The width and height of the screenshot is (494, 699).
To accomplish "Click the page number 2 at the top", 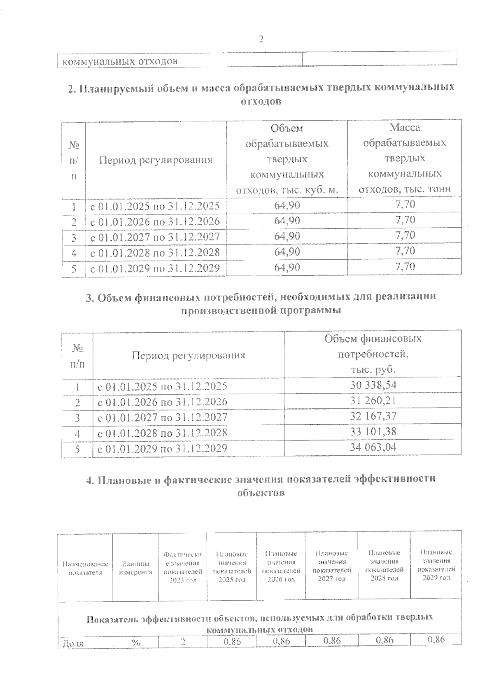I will pos(261,39).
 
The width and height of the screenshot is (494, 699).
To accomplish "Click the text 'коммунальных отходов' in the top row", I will pos(120,61).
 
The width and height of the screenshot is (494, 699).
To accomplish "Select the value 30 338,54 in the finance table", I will pos(373,385).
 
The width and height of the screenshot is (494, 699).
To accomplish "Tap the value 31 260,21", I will pos(373,401).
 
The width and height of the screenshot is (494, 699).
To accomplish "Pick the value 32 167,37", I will pos(373,416).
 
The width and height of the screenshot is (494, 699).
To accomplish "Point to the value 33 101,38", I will pos(373,432).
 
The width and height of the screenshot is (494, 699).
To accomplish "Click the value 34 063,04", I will pos(373,447).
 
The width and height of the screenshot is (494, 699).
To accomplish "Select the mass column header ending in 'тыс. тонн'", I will pos(405,158).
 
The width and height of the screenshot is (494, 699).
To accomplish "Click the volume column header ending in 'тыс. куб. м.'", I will pos(287,159).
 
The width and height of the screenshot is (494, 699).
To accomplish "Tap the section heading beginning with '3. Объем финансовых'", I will pos(261,303).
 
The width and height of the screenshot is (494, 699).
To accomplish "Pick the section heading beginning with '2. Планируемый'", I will pos(261,94).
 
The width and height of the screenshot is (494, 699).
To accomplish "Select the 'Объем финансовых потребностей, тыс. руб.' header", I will pos(373,354).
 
